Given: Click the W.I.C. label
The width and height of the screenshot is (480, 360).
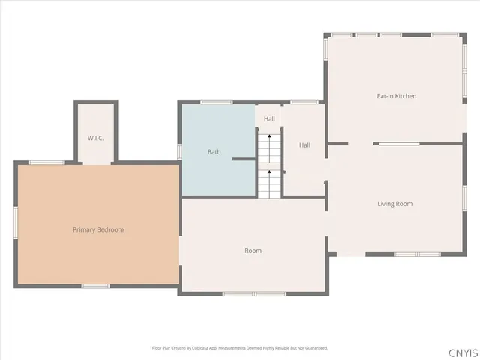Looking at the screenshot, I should [94, 138].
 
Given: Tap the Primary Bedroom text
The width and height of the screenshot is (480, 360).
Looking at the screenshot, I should [98, 229].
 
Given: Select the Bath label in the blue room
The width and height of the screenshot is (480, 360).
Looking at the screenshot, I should [214, 152].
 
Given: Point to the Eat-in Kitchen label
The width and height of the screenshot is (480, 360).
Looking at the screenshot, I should [396, 96].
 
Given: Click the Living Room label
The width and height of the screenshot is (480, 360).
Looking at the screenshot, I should [394, 204].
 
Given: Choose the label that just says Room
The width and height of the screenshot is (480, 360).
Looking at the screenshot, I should [253, 250].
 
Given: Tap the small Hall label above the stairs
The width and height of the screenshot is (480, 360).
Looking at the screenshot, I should [269, 118].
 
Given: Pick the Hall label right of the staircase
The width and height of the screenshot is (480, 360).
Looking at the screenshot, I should [305, 145].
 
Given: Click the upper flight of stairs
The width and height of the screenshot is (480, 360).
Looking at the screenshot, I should [269, 148].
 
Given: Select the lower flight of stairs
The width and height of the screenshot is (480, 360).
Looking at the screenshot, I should [269, 183].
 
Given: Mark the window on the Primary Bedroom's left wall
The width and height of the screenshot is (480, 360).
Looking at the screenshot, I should [16, 223].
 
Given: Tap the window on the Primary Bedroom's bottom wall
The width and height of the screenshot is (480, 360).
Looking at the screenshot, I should [96, 286].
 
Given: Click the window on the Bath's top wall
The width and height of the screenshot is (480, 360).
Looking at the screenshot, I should [216, 101].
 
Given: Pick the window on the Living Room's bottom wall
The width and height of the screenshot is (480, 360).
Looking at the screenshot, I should [418, 254].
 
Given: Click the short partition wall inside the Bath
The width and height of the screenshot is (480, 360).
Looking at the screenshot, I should [244, 159].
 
